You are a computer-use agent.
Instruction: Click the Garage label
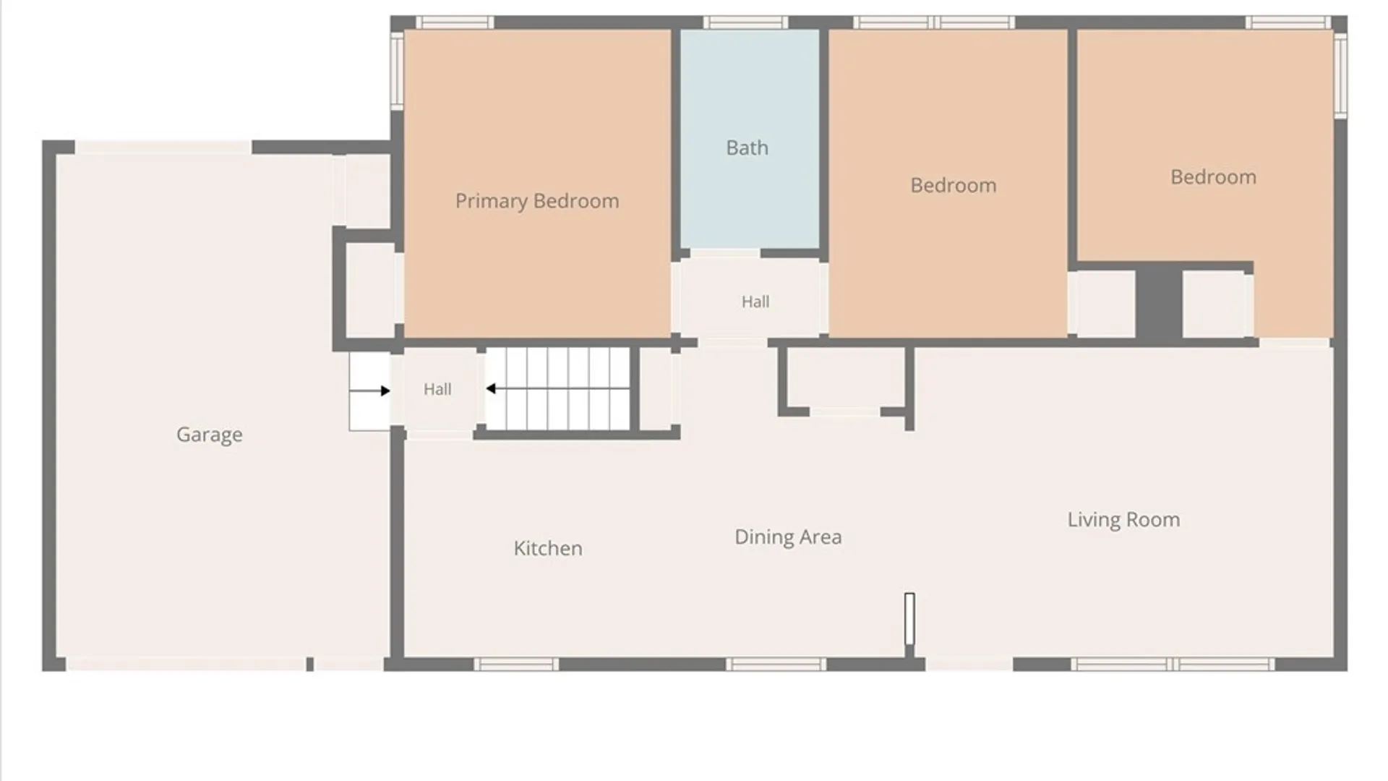coord(210,435)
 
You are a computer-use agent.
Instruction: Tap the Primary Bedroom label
coord(537,201)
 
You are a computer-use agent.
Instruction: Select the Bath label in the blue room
coord(747,148)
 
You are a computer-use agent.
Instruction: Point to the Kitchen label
coord(548,548)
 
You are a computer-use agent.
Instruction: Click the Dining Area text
coord(788,537)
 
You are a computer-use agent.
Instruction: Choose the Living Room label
coord(1123,520)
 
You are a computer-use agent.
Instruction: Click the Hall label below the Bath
coord(755,302)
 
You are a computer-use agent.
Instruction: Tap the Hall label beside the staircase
coord(437,389)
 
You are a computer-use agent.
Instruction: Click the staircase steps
coord(557,388)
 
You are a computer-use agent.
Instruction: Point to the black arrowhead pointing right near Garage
coord(385,390)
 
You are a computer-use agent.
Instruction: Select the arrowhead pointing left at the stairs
coord(491,389)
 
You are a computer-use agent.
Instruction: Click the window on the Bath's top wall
coord(745,23)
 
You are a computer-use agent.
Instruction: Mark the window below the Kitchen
coord(516,665)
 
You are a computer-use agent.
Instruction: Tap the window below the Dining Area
coord(776,665)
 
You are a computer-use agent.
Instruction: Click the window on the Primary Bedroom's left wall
coord(397,70)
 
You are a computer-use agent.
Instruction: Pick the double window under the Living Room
coord(1173,665)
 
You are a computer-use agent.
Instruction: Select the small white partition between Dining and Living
coord(909,619)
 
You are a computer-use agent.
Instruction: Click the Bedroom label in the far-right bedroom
coord(1213,177)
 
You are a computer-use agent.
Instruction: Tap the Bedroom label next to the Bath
coord(953,185)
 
